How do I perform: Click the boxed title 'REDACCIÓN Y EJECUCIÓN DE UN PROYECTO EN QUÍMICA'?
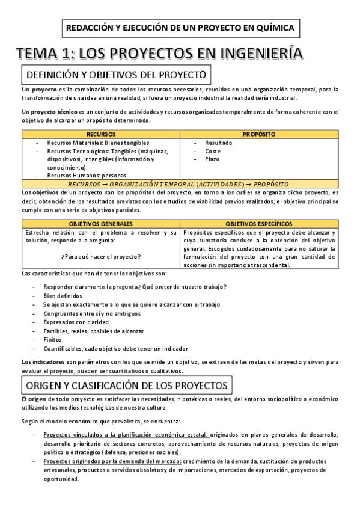(x=180, y=28)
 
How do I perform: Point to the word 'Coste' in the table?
(x=213, y=151)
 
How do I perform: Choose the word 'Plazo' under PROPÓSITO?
(x=212, y=159)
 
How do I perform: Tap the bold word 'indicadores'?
(x=49, y=362)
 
